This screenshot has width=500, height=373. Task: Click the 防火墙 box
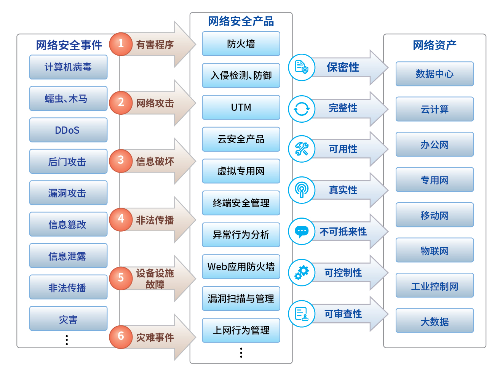(x=241, y=43)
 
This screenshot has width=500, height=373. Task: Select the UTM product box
(x=241, y=107)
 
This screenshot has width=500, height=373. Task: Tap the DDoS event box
(x=68, y=130)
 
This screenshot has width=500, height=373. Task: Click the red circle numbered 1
(x=121, y=44)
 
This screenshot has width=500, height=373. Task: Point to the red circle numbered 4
(x=121, y=219)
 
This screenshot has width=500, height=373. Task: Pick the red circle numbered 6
(x=121, y=337)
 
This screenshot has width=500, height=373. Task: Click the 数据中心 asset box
(x=435, y=74)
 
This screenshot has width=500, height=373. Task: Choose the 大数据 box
(x=435, y=320)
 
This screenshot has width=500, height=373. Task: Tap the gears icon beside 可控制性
(x=302, y=272)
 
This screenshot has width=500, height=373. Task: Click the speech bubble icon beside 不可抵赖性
(x=302, y=232)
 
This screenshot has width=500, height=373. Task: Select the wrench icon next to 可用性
(x=302, y=149)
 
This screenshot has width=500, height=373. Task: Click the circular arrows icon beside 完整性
(x=302, y=109)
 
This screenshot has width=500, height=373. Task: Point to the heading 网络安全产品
(x=241, y=21)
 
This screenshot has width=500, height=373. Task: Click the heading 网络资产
(x=435, y=45)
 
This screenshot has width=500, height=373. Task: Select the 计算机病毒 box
(x=68, y=67)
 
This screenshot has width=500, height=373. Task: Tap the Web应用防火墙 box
(x=241, y=267)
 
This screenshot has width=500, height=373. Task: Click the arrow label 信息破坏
(x=155, y=161)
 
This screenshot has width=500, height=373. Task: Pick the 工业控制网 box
(x=435, y=285)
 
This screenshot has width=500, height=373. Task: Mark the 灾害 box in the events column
(x=68, y=318)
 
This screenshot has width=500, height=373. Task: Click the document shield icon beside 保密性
(x=302, y=67)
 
